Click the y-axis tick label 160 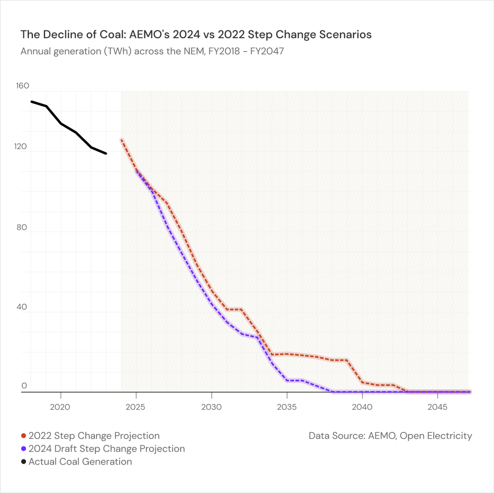22,86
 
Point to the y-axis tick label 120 21,146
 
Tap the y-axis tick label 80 22,227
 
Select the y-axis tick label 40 22,307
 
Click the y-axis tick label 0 24,385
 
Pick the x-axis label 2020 60,407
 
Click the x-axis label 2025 135,407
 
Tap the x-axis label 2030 211,407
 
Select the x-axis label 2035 287,407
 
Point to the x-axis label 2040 362,407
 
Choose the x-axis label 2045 437,407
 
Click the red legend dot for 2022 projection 24,436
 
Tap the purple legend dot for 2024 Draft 24,449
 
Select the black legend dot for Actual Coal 24,462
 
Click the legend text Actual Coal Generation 80,462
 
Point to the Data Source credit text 390,436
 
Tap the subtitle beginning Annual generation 152,51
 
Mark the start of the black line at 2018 31,102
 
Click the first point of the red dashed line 122,140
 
